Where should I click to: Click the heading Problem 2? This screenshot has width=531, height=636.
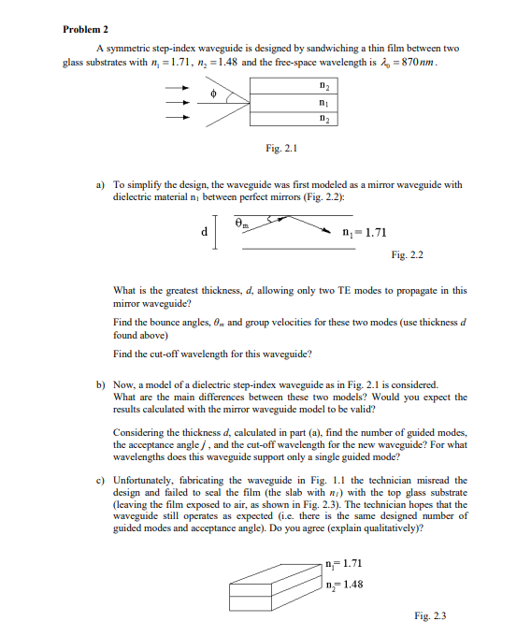click(x=85, y=30)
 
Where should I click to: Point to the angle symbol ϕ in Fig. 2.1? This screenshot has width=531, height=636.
click(x=213, y=94)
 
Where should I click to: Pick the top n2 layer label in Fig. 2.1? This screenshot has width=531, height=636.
click(x=322, y=87)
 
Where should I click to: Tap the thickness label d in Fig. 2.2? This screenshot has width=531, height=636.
click(x=203, y=233)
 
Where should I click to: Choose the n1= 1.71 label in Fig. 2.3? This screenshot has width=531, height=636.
click(x=345, y=563)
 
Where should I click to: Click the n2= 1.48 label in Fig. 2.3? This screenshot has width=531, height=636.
click(x=345, y=585)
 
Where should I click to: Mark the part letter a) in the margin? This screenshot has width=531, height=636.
click(x=101, y=185)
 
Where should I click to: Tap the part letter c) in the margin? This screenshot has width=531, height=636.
click(x=101, y=480)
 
